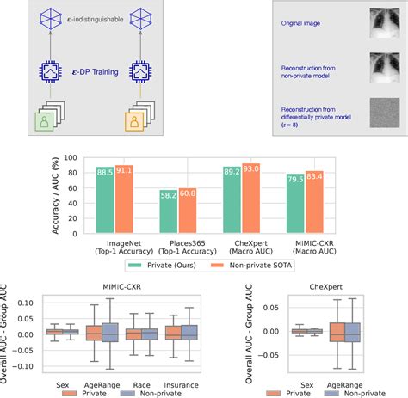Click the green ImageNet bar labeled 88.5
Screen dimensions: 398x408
click(106, 198)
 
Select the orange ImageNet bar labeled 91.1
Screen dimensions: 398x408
click(126, 197)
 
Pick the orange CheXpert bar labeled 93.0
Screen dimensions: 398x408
click(251, 197)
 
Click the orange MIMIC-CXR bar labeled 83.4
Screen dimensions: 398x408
click(316, 200)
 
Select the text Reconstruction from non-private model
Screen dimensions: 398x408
click(314, 70)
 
